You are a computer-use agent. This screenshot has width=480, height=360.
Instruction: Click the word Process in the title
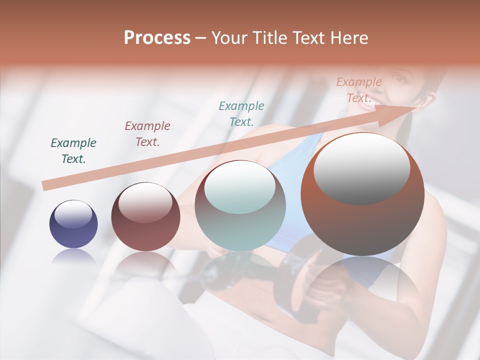click(x=157, y=38)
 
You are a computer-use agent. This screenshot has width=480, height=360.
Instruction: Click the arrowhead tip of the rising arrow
click(x=416, y=107)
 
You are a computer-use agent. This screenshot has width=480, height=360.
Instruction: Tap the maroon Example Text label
click(x=147, y=134)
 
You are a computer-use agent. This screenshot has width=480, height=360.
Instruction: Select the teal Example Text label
click(x=241, y=113)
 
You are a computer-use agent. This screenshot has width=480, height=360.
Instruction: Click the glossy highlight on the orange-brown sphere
click(x=361, y=167)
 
